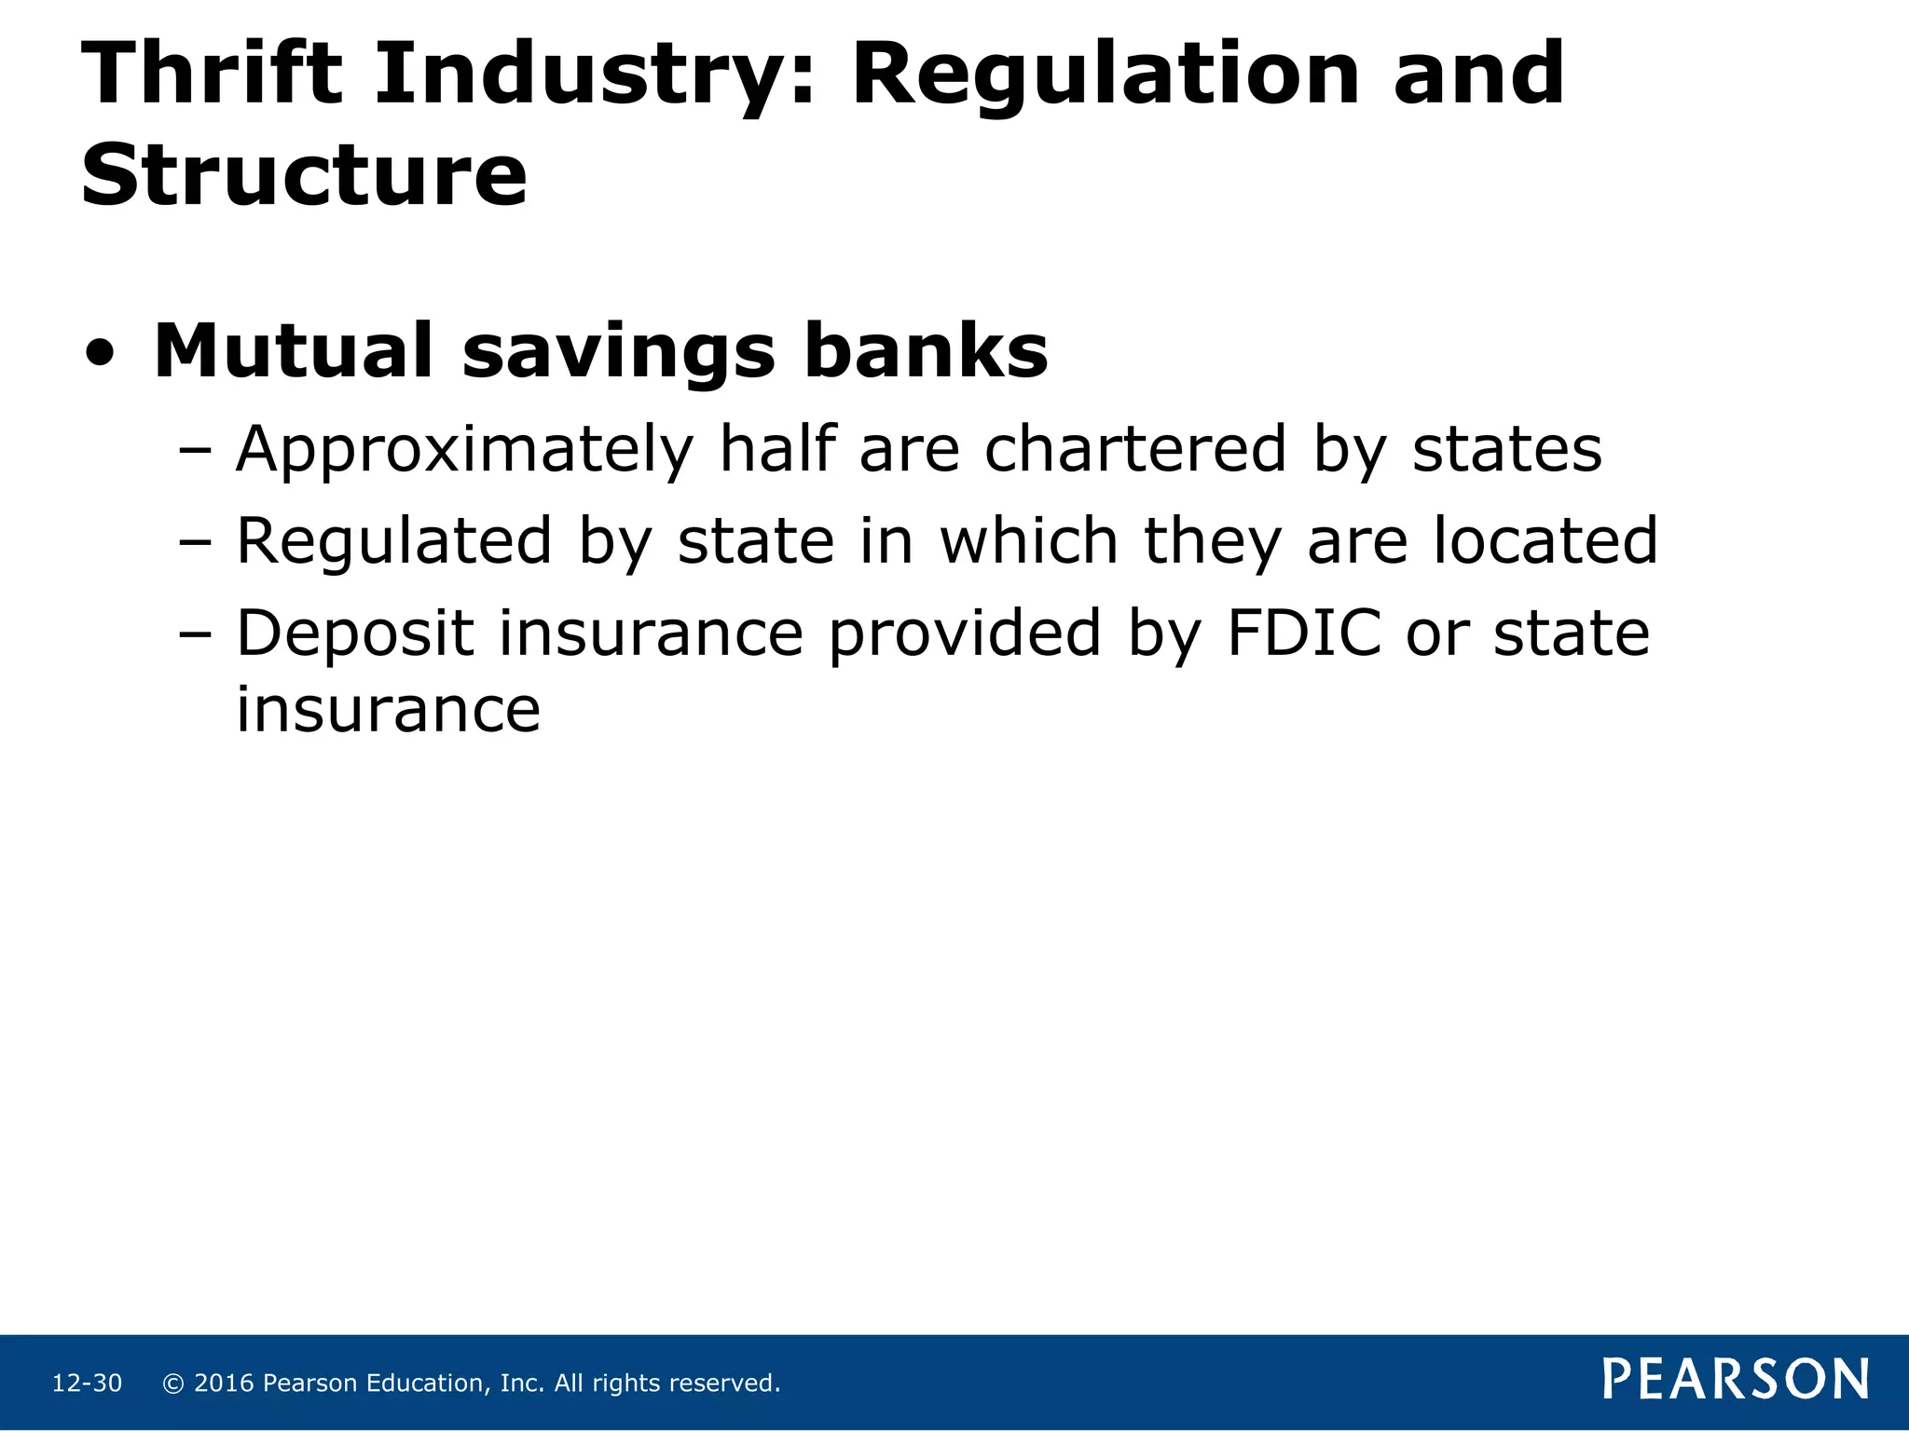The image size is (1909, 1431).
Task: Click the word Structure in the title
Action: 304,174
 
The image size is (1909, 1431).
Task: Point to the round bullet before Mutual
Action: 100,354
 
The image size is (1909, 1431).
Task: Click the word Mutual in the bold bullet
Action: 293,351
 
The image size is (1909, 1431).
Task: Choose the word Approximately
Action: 464,451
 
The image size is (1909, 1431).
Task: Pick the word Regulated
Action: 394,541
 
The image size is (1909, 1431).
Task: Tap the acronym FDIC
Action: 1303,634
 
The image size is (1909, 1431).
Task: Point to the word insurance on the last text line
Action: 388,710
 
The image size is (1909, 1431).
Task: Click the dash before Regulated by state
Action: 196,543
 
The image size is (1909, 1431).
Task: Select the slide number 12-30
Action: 87,1383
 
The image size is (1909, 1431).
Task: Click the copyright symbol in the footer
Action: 172,1383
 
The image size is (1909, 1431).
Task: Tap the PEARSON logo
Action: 1736,1380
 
